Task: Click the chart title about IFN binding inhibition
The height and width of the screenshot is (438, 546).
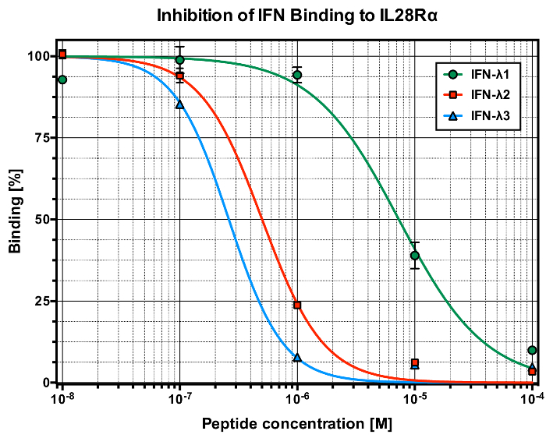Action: pyautogui.click(x=296, y=15)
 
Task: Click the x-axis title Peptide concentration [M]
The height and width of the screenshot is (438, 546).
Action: pyautogui.click(x=296, y=424)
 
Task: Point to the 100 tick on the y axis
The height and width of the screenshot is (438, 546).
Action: pyautogui.click(x=37, y=56)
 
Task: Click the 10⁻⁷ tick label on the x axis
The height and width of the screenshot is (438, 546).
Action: pyautogui.click(x=179, y=397)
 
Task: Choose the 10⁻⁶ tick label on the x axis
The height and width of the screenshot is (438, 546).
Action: pyautogui.click(x=297, y=397)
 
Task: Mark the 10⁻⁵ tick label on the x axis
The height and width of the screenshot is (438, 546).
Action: pyautogui.click(x=414, y=397)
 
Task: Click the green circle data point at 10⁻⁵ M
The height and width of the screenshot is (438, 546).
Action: pyautogui.click(x=415, y=255)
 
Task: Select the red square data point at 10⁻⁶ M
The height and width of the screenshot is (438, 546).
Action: pyautogui.click(x=297, y=305)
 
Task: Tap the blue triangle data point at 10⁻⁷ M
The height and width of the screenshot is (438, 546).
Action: pyautogui.click(x=180, y=104)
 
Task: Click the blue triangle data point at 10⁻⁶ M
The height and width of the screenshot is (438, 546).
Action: pyautogui.click(x=297, y=358)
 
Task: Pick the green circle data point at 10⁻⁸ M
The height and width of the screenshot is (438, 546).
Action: pyautogui.click(x=62, y=79)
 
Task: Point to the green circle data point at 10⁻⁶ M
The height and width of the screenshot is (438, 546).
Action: pyautogui.click(x=297, y=75)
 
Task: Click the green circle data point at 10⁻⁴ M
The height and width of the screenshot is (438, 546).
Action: pyautogui.click(x=532, y=351)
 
